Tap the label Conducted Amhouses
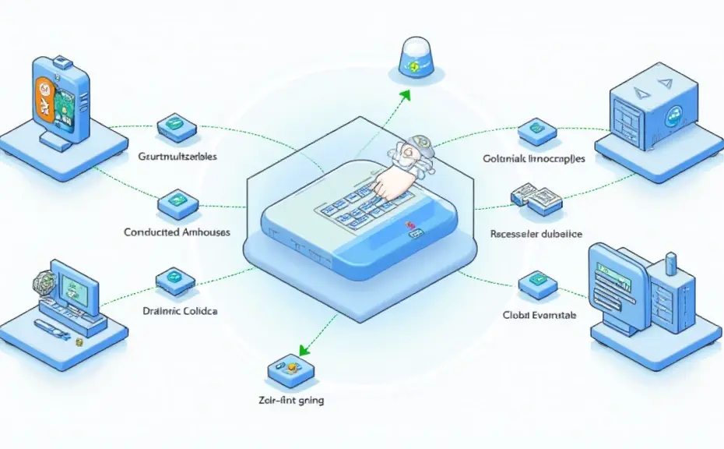177,232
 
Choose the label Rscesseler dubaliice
537,233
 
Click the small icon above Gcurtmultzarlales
174,125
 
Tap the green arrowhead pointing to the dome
404,94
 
